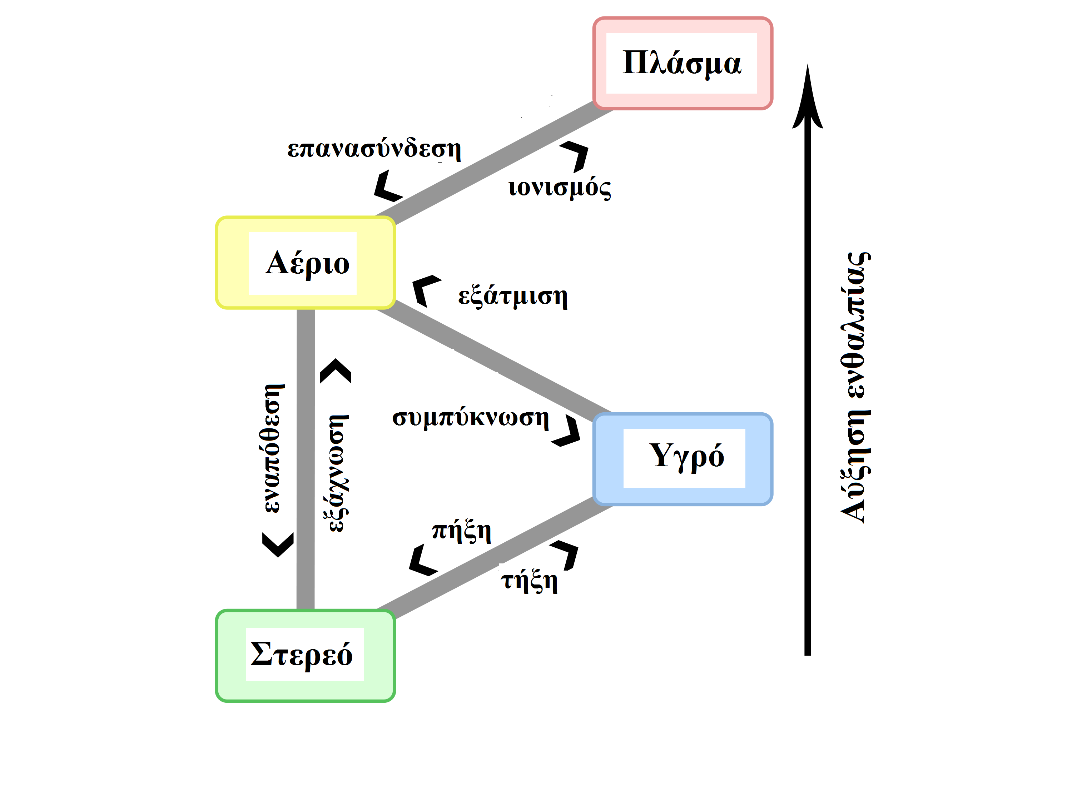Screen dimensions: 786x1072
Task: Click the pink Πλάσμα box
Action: pos(682,63)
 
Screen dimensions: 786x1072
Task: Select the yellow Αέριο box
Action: pos(305,263)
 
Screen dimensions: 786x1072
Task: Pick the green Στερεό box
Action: pos(305,655)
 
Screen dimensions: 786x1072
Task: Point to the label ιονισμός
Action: pos(560,188)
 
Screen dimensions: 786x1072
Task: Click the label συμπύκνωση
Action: pos(470,418)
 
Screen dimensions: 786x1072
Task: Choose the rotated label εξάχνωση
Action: pos(338,473)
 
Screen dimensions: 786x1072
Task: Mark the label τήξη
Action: pos(529,581)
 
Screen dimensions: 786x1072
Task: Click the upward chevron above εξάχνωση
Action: pos(336,370)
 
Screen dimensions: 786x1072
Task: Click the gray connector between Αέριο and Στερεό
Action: pos(306,459)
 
